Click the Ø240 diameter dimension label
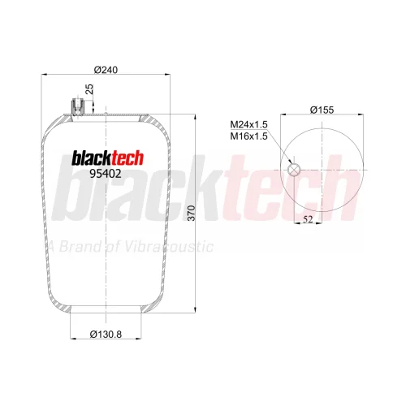[106, 70]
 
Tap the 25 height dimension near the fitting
[89, 89]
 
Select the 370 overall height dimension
[191, 213]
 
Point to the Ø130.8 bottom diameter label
[106, 335]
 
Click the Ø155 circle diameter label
[322, 110]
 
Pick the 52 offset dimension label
[308, 219]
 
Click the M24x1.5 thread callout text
[248, 124]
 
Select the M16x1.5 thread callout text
[248, 136]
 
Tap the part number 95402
[106, 174]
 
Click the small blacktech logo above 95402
[107, 158]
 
